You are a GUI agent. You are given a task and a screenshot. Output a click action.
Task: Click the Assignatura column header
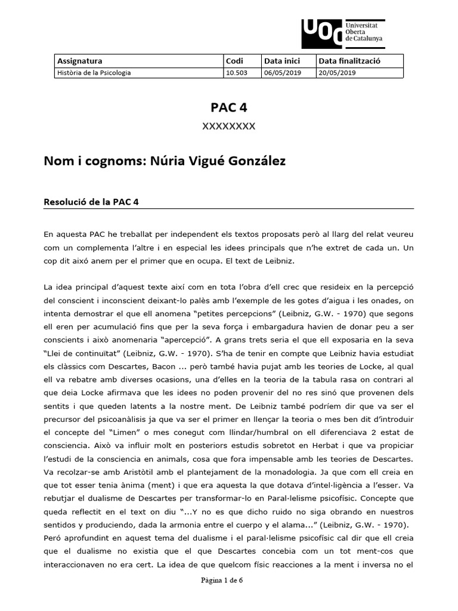pos(79,61)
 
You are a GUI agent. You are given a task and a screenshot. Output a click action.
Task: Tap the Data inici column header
pos(282,61)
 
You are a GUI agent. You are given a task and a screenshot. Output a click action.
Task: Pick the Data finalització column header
pos(349,61)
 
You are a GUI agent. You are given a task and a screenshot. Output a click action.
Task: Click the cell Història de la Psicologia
pos(94,73)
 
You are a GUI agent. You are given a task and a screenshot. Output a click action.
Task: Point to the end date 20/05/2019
pos(338,73)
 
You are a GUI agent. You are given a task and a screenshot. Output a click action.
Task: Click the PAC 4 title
pos(228,107)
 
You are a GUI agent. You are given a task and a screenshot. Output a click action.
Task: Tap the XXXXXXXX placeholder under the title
pos(228,126)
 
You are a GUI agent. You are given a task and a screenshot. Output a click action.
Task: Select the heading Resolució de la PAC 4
pos(91,202)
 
